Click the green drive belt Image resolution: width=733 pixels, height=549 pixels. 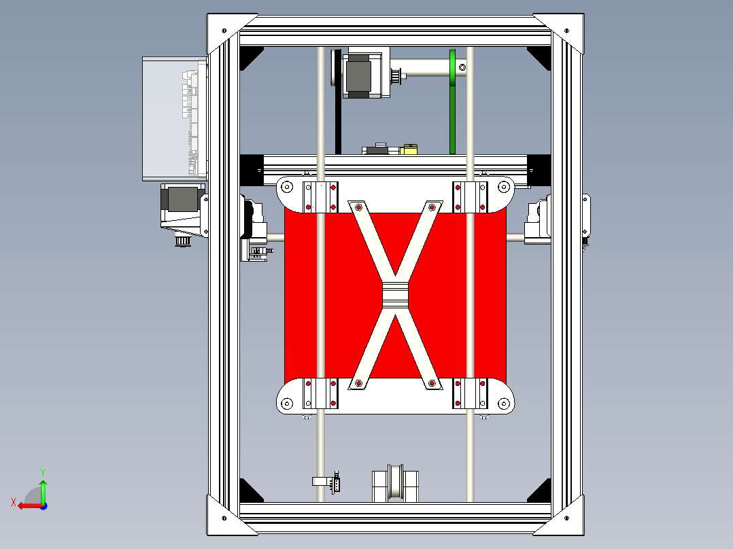tap(453, 109)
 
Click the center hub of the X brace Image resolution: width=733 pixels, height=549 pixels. tap(394, 296)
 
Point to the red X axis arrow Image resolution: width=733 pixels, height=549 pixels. tap(27, 505)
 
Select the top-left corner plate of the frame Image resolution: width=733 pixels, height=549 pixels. tap(224, 31)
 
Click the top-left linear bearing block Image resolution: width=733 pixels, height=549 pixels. tap(320, 196)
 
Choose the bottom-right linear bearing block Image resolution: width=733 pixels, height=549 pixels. tap(470, 394)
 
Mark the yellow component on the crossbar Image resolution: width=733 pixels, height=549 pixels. tap(409, 149)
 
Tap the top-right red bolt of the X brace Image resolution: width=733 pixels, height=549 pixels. tap(432, 207)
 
